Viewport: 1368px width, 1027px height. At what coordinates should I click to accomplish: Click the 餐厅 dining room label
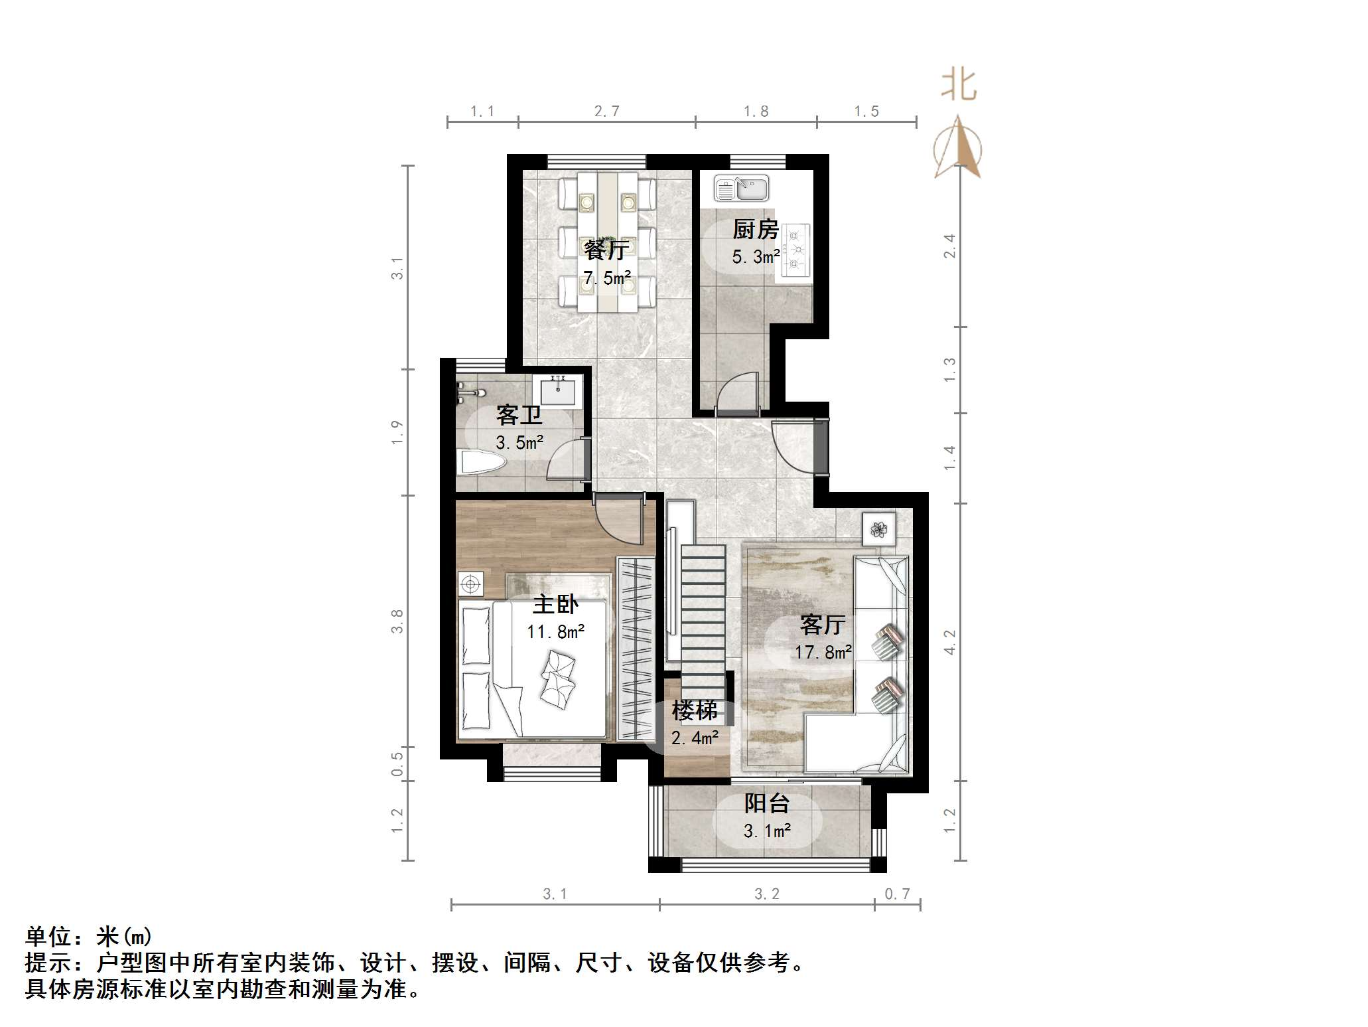coord(606,250)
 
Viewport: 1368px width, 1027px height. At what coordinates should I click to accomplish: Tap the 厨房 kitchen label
coord(755,230)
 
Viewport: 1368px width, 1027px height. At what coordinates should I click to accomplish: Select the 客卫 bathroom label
coord(519,416)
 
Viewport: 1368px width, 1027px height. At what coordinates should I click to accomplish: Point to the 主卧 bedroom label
coord(555,604)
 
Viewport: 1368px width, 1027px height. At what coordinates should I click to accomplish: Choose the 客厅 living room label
coord(822,625)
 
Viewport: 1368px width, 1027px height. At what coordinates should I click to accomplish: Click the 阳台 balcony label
coord(766,804)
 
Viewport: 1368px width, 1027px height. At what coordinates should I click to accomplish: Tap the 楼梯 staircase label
coord(694,711)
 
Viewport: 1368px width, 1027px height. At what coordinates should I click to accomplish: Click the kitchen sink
coord(742,189)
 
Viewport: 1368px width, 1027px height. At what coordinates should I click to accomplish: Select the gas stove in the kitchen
coord(796,250)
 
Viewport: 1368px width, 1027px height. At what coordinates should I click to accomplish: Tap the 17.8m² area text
coord(823,653)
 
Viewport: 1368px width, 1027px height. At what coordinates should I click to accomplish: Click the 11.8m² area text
coord(555,631)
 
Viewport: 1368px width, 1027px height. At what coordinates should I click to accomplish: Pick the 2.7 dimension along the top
coord(606,112)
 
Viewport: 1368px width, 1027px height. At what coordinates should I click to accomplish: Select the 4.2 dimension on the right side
coord(950,642)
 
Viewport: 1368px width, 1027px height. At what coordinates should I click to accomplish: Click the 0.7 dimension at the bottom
coord(897,894)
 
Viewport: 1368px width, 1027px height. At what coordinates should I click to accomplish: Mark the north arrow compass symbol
coord(957,147)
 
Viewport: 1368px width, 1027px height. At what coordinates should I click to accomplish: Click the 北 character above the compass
coord(959,86)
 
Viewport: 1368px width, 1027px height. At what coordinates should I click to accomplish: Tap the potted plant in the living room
coord(879,529)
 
